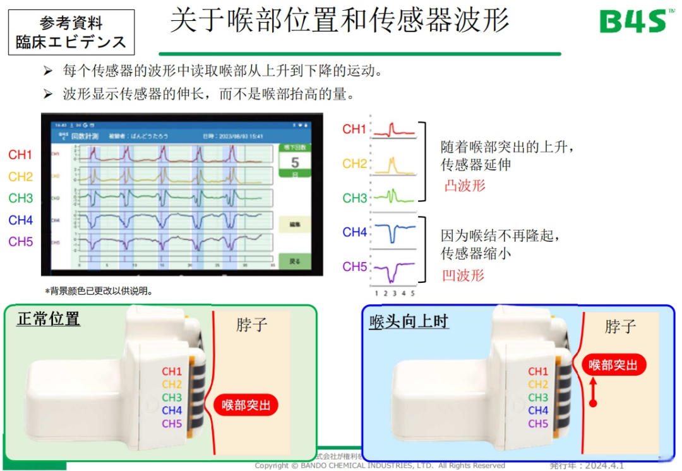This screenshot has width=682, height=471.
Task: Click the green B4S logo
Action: tap(632, 21)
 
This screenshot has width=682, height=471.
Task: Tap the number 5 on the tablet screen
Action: tap(295, 163)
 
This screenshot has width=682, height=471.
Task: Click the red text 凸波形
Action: tap(465, 186)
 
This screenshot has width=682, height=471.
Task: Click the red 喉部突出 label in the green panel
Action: tap(246, 405)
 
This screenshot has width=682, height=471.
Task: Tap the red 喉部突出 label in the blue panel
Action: tap(613, 365)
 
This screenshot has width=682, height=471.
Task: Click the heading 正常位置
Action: tap(49, 319)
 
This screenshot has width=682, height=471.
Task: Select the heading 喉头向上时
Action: tap(409, 321)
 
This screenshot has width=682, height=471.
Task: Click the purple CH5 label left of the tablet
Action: tap(21, 242)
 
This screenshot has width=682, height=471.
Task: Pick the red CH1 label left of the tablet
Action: tap(21, 155)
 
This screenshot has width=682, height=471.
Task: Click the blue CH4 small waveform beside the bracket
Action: tap(393, 233)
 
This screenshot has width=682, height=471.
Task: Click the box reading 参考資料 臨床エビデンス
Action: tap(71, 32)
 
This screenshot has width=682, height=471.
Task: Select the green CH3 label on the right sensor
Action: tap(538, 398)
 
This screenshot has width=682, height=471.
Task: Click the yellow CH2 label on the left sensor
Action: tap(172, 385)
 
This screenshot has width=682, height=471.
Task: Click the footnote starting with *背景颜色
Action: tap(99, 291)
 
